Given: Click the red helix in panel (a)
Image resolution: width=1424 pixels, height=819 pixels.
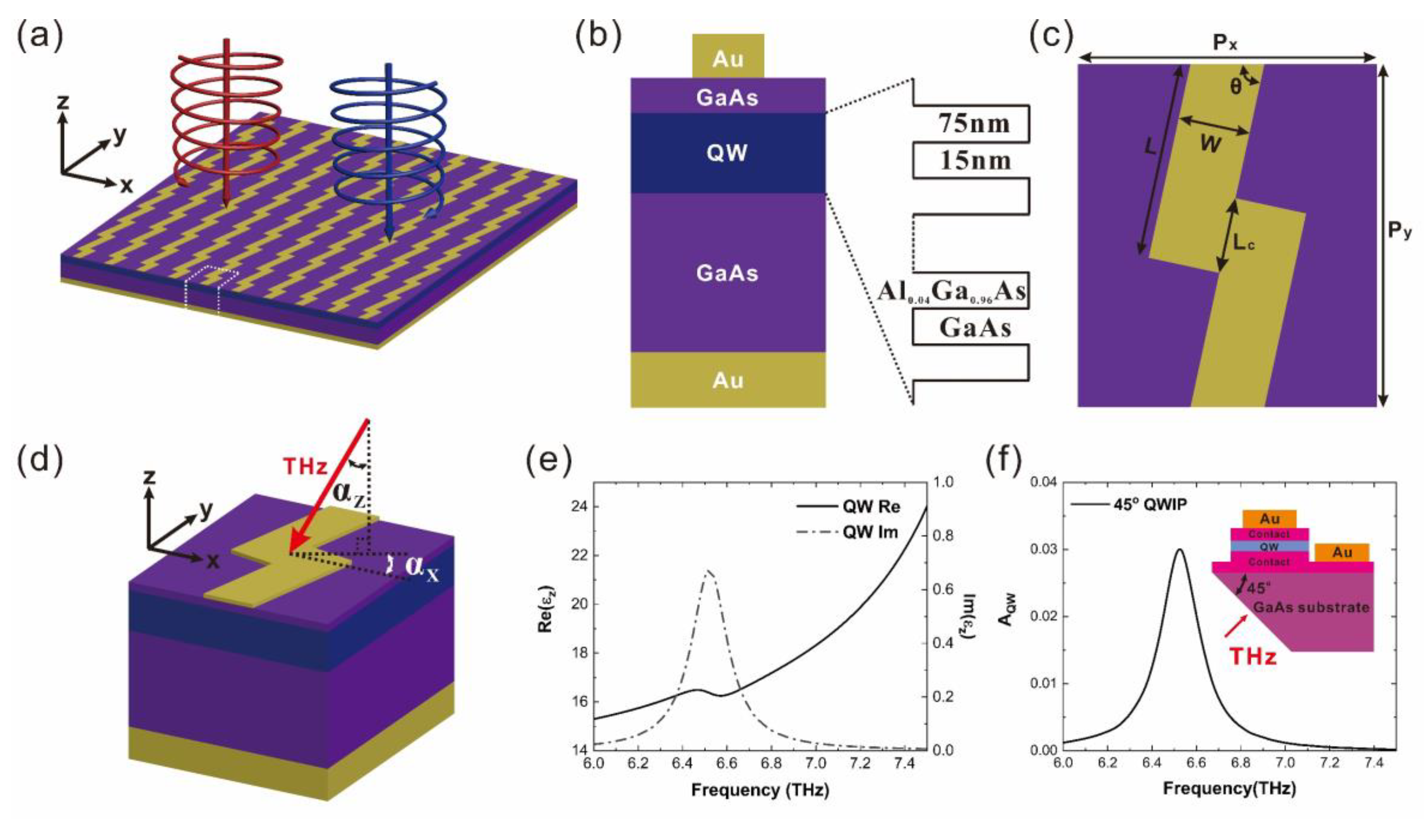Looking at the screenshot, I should pos(225,113).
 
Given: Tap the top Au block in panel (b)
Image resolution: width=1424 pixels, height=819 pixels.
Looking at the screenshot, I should pos(728,57).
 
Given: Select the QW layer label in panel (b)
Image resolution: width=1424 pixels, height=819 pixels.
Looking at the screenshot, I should pos(727,153).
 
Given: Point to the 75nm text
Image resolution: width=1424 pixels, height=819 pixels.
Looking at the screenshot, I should pos(974,124).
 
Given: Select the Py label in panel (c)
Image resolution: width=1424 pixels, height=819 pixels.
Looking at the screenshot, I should pos(1399,231).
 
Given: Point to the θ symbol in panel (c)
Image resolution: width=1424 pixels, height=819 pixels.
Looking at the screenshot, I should pos(1235,87).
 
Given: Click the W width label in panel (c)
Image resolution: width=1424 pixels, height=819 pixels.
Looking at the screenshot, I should pos(1210,145).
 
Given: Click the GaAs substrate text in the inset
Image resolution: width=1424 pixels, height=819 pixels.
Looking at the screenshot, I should pos(1311,607).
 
